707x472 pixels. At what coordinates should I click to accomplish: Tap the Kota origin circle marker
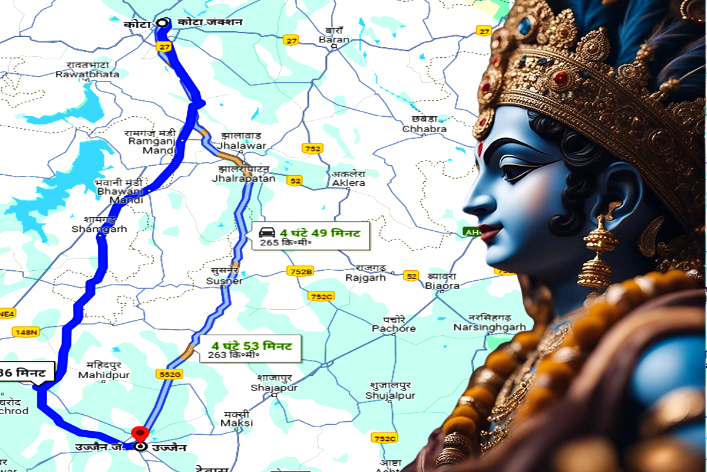[163, 24]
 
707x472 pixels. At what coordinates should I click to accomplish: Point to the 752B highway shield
[300, 271]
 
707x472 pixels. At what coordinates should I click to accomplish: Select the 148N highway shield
[26, 333]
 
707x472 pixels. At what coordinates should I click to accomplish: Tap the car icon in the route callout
[267, 231]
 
